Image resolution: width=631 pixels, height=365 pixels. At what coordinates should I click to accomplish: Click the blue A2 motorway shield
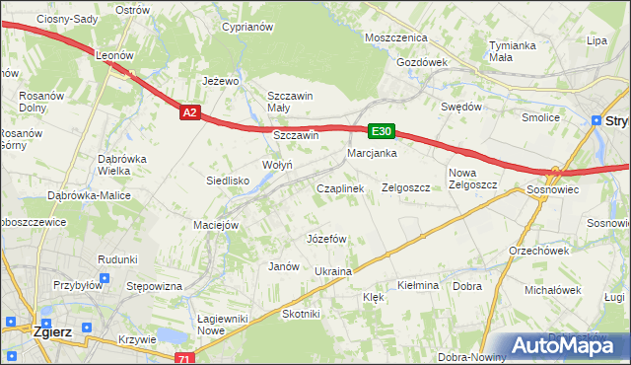click(x=191, y=113)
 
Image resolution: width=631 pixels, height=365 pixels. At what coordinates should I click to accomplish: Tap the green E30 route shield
click(x=382, y=130)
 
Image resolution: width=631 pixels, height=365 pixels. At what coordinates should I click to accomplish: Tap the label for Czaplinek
click(x=340, y=187)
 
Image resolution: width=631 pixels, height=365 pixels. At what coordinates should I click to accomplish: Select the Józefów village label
click(x=326, y=239)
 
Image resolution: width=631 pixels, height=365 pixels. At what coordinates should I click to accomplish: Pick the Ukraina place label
click(x=332, y=271)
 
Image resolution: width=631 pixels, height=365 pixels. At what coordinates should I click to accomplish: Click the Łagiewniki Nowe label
click(x=220, y=324)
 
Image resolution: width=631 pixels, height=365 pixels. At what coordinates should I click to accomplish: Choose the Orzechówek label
click(x=533, y=250)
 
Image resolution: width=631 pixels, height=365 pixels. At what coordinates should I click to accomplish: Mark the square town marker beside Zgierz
click(x=12, y=322)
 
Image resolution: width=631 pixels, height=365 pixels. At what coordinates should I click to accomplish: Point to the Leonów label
click(x=114, y=56)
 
